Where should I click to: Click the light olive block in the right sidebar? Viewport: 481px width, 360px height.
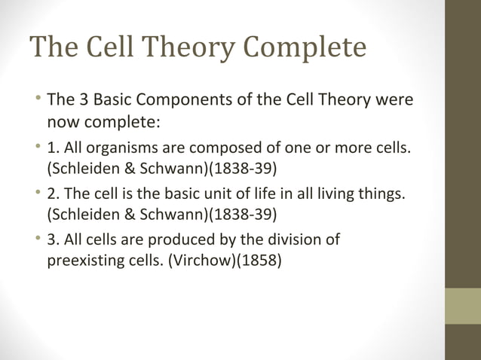[463, 305]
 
